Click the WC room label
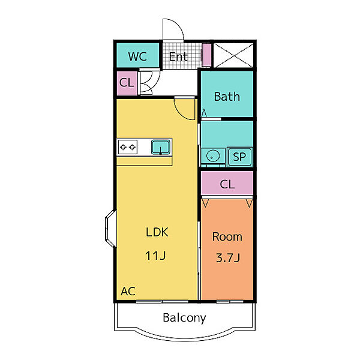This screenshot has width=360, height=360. (x=137, y=56)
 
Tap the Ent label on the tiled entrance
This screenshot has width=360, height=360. (x=178, y=57)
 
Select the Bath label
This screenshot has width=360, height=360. (x=227, y=97)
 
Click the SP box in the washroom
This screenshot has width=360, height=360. (x=239, y=157)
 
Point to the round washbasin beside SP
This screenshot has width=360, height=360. (x=212, y=156)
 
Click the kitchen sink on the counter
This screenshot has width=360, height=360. (x=160, y=147)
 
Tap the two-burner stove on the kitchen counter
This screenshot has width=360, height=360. (x=128, y=147)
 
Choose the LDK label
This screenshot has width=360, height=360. (x=157, y=232)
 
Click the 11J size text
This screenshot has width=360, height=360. (x=155, y=256)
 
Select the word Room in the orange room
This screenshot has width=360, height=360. (x=227, y=237)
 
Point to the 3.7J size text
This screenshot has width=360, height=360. (x=228, y=258)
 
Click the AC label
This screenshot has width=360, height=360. (x=128, y=292)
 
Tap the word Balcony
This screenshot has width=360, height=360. (x=184, y=318)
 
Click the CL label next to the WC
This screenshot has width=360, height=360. (x=127, y=82)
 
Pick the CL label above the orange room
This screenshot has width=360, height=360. (x=227, y=184)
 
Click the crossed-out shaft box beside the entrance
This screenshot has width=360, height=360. (x=233, y=55)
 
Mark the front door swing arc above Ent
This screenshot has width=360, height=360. (x=177, y=24)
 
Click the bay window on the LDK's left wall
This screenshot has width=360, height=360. (x=110, y=229)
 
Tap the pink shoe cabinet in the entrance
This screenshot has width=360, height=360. (x=207, y=55)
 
